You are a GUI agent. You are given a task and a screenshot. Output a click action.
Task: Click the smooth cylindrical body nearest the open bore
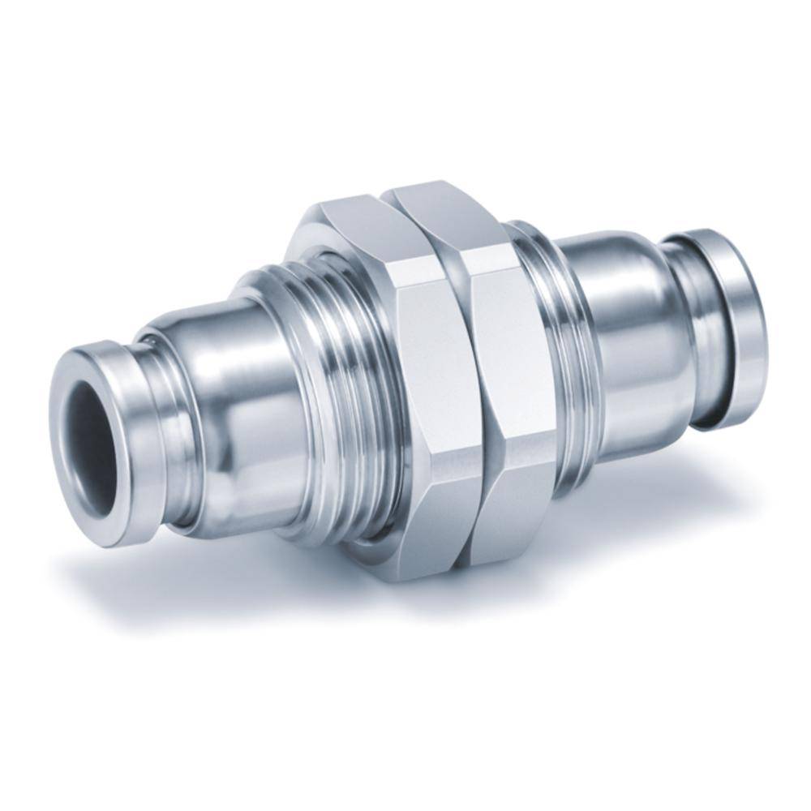point(235,405)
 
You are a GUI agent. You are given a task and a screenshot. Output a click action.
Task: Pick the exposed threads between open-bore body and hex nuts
point(341,389)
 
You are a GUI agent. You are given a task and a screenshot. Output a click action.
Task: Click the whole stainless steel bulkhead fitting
point(405,381)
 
